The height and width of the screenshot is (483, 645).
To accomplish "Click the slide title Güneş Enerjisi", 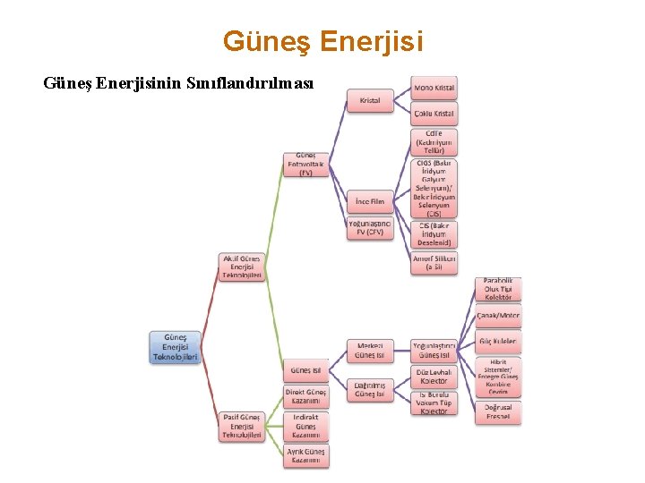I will [x=322, y=41].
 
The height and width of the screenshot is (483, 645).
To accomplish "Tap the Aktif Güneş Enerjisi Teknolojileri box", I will [x=242, y=267].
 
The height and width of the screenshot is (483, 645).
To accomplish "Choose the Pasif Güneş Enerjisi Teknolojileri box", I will [x=242, y=425].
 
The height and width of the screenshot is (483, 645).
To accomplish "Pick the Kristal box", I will [x=370, y=101].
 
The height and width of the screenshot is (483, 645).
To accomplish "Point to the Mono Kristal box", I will [x=434, y=89].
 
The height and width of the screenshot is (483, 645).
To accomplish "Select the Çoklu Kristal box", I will [x=434, y=114].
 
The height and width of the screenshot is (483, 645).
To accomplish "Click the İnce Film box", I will [x=370, y=202].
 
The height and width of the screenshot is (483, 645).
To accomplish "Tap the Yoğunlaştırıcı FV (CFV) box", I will [x=370, y=228].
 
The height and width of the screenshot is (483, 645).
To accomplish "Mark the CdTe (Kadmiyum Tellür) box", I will [x=434, y=141].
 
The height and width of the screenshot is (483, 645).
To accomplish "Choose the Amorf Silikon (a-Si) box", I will [x=434, y=262].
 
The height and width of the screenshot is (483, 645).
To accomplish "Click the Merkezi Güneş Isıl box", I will [x=370, y=351].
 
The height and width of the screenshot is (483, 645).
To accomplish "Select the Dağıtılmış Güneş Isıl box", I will [x=370, y=389].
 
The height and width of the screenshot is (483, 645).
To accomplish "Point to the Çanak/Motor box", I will [x=498, y=316].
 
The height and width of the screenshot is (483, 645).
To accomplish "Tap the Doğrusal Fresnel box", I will [x=498, y=411].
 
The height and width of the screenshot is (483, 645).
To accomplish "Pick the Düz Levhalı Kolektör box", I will [x=434, y=376].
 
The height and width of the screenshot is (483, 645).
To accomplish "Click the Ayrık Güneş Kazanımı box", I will [x=305, y=456].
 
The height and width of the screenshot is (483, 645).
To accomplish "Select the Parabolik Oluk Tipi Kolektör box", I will [x=498, y=289].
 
